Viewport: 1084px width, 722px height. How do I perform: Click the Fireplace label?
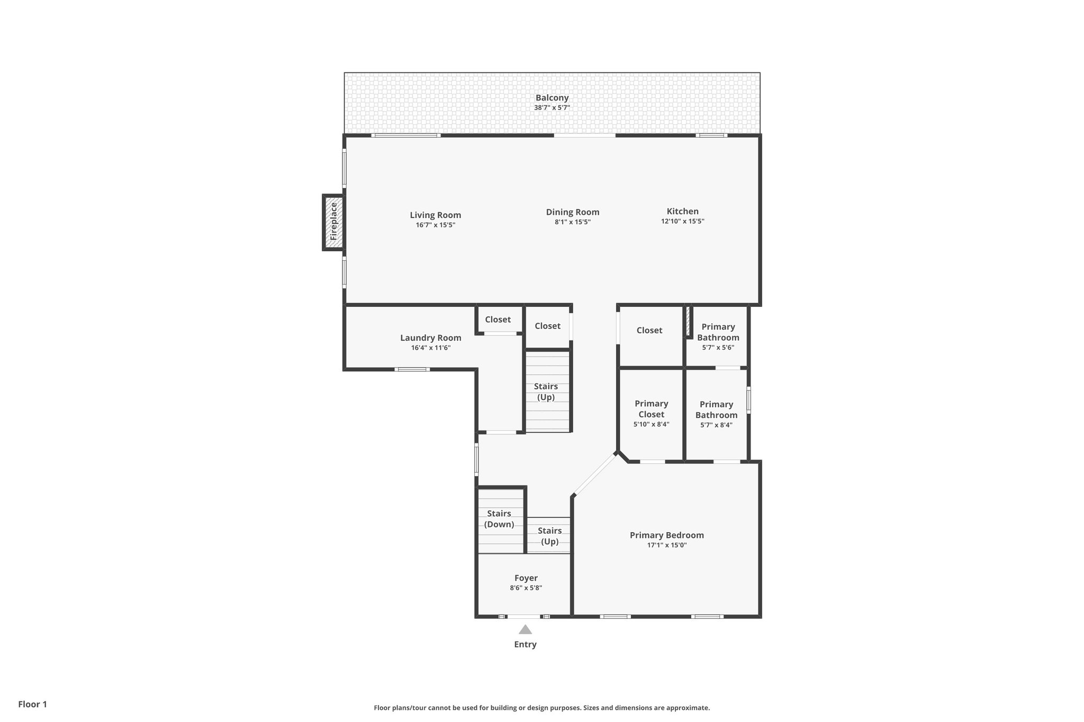(333, 222)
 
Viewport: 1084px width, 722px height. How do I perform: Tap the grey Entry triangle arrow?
(525, 629)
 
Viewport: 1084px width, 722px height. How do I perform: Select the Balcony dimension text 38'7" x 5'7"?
(552, 108)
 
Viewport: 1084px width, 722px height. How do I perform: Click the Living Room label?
(435, 215)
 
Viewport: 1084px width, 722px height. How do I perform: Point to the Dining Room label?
(572, 212)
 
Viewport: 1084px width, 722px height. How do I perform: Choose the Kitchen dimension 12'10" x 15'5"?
(682, 222)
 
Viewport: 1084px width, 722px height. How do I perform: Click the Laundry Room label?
(430, 337)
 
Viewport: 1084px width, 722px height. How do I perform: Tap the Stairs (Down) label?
(499, 519)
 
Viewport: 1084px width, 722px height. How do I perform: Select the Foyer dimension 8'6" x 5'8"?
(526, 588)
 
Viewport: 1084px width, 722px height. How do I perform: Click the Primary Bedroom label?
(666, 535)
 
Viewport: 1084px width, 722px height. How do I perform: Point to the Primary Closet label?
(651, 409)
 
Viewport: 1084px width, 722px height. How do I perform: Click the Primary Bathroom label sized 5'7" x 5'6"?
(718, 332)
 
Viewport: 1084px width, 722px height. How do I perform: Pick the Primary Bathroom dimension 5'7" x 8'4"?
(716, 425)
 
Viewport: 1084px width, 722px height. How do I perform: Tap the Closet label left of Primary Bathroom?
(649, 331)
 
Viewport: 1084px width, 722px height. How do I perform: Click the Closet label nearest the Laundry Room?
(498, 319)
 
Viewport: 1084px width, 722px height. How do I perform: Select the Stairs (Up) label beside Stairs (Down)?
(549, 536)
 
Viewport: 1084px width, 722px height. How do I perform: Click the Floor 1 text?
(32, 705)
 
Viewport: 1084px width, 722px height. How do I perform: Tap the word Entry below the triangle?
(525, 644)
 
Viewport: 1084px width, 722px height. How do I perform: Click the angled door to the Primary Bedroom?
(595, 475)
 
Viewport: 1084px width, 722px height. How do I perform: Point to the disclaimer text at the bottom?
(541, 708)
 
